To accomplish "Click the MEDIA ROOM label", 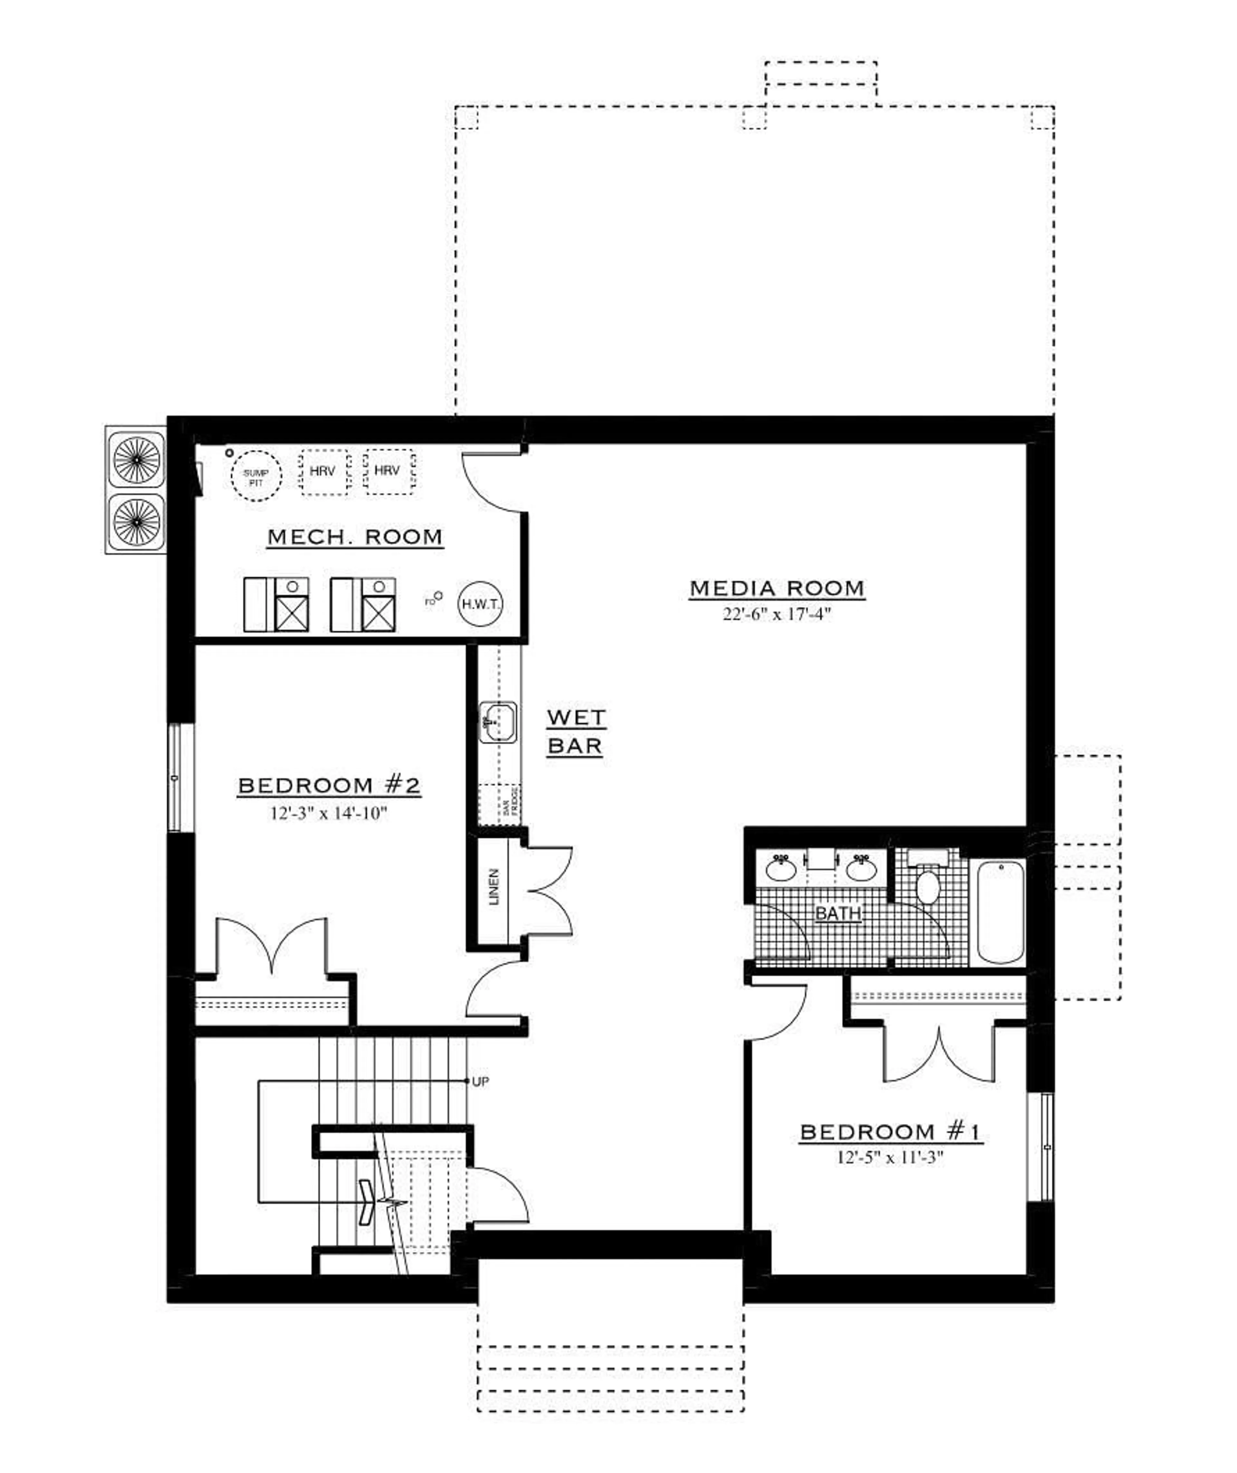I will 777,588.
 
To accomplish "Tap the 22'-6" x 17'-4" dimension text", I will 777,615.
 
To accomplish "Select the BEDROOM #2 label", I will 329,785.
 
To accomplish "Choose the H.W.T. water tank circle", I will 481,604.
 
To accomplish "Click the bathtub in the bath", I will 1001,913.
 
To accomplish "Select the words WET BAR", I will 575,732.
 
